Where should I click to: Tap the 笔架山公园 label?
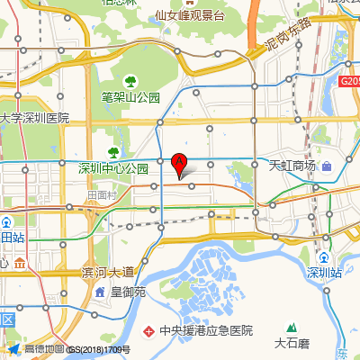click(130, 97)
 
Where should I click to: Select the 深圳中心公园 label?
click(113, 168)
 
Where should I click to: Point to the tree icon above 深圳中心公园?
click(113, 152)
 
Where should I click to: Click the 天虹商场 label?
click(292, 166)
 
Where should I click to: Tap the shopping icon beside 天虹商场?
click(327, 166)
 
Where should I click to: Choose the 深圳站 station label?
click(325, 273)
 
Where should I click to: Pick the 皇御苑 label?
click(133, 292)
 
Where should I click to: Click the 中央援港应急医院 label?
click(205, 330)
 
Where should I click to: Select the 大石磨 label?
click(292, 342)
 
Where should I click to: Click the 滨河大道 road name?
click(107, 272)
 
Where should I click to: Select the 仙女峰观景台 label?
click(189, 15)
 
